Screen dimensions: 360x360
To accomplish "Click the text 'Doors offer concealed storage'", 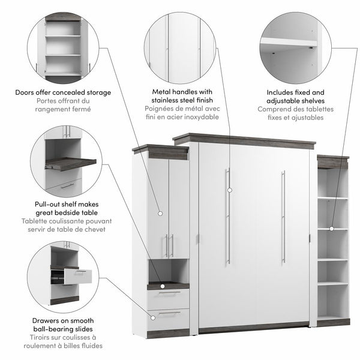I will pos(64,92).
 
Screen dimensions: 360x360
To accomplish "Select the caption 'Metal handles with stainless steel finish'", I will pos(180,97).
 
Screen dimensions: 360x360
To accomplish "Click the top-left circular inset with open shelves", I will pos(64,45).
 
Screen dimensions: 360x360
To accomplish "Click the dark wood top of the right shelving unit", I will pos(332,160).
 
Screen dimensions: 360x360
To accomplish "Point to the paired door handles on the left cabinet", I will pos(169,245).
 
